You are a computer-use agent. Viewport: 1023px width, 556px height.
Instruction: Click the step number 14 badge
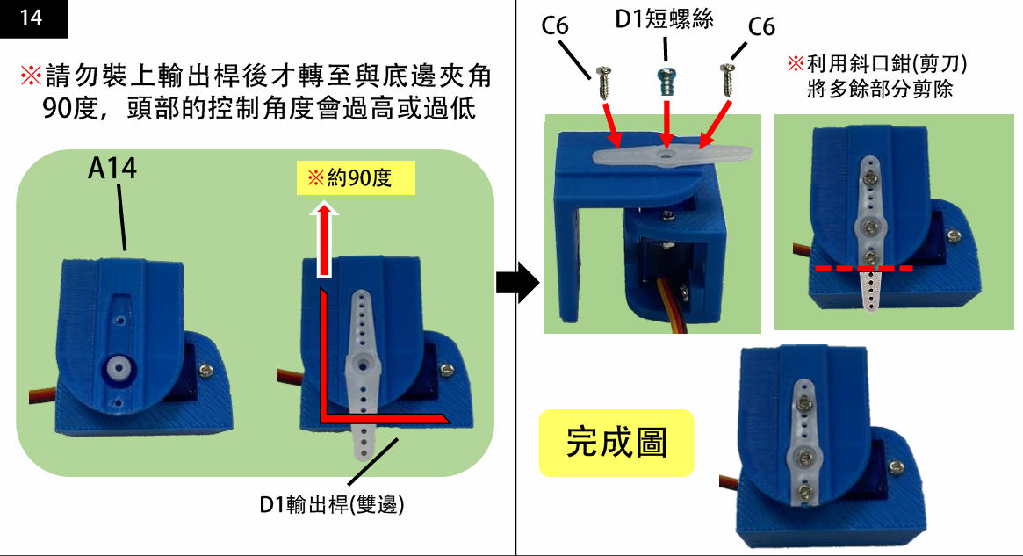pos(32,18)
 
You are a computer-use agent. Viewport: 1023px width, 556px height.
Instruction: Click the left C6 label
pos(555,25)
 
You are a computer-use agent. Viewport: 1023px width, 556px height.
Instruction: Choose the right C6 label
pos(761,27)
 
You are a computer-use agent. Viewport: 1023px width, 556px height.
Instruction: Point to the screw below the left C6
pos(603,83)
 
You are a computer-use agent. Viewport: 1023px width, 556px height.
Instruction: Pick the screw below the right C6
pos(726,79)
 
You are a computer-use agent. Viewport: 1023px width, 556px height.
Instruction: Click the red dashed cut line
pos(863,266)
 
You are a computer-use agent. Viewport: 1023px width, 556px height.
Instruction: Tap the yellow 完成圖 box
pos(616,444)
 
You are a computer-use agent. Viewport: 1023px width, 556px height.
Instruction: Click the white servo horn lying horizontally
pos(673,155)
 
